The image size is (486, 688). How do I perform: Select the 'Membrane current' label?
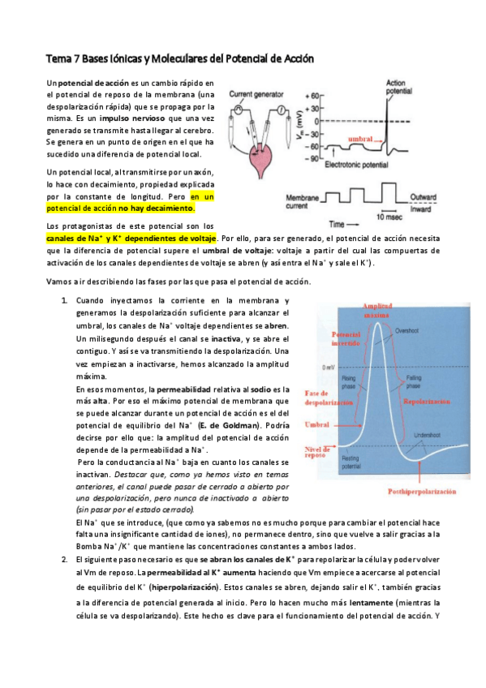[x=304, y=201]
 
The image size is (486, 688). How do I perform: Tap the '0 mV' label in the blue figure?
[x=329, y=368]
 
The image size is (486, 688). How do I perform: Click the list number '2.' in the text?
[x=65, y=560]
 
